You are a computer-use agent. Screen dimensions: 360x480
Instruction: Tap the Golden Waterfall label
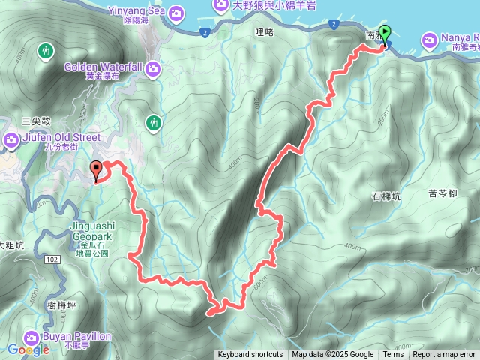(x=103, y=67)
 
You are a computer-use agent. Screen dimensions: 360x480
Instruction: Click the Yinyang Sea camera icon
(x=176, y=12)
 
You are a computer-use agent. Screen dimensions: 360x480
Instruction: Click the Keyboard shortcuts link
(x=250, y=355)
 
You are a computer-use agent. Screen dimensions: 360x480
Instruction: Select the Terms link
(x=393, y=355)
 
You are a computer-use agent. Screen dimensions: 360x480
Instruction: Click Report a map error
(x=444, y=355)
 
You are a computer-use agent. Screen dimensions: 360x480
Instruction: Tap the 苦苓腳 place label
(x=442, y=193)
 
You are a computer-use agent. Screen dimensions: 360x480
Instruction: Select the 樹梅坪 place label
(x=60, y=303)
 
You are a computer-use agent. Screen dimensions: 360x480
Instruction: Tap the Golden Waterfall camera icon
(x=153, y=70)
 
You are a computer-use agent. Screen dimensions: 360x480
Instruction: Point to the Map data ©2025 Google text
(x=333, y=355)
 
